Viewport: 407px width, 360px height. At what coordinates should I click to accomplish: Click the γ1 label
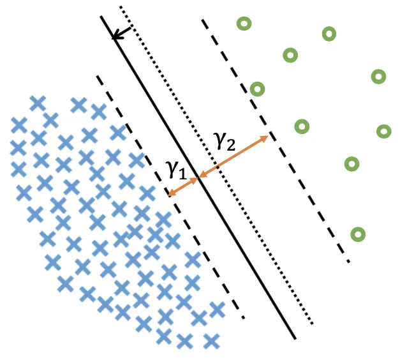tap(176, 169)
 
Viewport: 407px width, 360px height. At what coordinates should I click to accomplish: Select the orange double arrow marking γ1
tap(184, 186)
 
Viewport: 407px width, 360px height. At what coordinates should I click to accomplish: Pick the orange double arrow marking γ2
tap(233, 156)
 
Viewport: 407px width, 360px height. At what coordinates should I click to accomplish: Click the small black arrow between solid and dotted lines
tap(122, 33)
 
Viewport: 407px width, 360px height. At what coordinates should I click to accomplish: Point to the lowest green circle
tap(359, 234)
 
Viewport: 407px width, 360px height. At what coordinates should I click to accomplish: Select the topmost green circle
tap(243, 24)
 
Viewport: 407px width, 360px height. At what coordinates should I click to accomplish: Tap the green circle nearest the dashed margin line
tap(257, 89)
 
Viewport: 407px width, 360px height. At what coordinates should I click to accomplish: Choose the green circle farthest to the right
tap(383, 131)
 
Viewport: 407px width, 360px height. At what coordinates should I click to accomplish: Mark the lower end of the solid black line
tap(295, 338)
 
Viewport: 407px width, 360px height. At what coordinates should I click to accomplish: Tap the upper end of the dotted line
tap(121, 7)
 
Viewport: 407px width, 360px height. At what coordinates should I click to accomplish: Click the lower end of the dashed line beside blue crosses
tap(244, 317)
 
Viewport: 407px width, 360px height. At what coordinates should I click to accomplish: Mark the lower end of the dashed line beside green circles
tap(349, 262)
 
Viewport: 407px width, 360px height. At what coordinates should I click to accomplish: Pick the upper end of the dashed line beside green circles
tap(203, 20)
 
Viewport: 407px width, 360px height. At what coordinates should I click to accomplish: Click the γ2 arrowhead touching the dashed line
tap(266, 137)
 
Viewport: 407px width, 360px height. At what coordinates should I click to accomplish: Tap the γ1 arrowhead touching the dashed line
tap(170, 194)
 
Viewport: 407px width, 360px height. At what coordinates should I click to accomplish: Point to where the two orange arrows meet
tap(199, 177)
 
